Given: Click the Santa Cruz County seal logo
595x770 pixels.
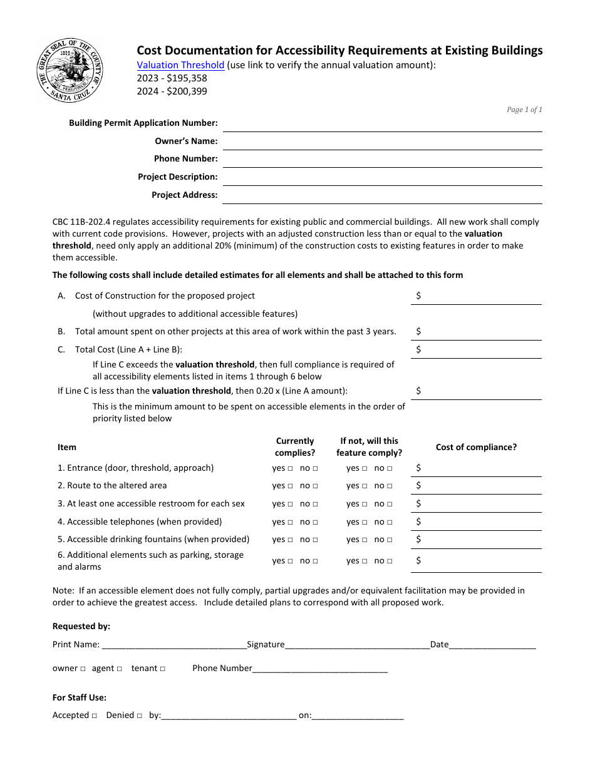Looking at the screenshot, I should pyautogui.click(x=70, y=71).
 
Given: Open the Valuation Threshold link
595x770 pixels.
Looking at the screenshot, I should pyautogui.click(x=180, y=65).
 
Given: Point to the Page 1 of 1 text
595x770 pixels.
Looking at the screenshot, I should pyautogui.click(x=524, y=110).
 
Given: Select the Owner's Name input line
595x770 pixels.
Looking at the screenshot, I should pyautogui.click(x=382, y=142).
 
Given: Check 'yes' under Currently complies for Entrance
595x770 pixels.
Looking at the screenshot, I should pyautogui.click(x=290, y=469).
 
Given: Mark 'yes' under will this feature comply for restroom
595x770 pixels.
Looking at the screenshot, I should pyautogui.click(x=365, y=504).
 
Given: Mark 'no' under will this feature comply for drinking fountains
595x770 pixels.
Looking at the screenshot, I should pyautogui.click(x=390, y=540).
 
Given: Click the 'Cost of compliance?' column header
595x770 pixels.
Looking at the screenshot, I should pyautogui.click(x=476, y=448).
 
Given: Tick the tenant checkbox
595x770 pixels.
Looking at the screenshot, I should pyautogui.click(x=163, y=669).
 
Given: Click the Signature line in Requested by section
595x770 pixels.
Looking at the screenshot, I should pyautogui.click(x=357, y=645).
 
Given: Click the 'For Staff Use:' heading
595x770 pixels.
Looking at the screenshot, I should pyautogui.click(x=80, y=698).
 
